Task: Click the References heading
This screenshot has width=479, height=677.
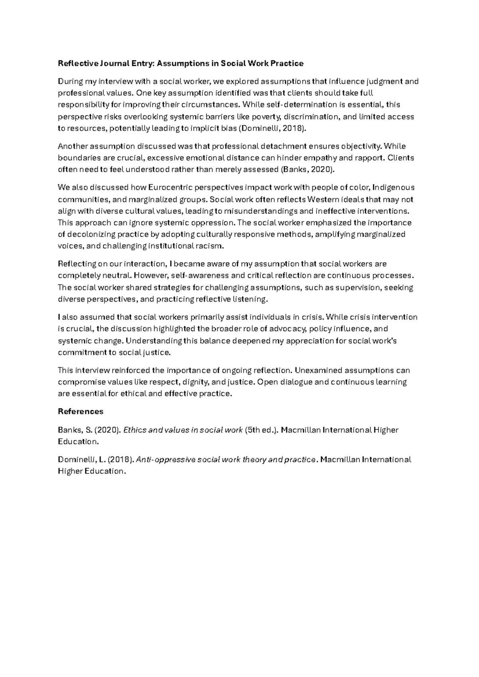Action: point(81,412)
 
